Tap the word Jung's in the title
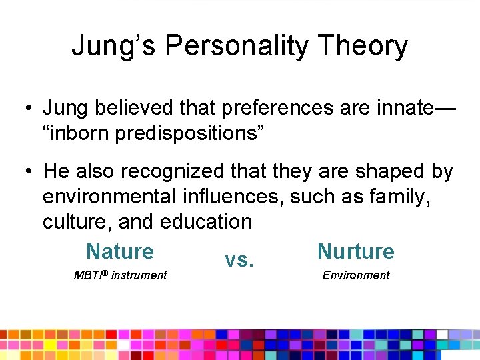click(114, 47)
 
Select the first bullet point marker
click(27, 108)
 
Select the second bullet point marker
click(27, 172)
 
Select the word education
click(204, 221)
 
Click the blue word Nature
click(120, 251)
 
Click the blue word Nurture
click(356, 251)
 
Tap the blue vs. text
click(239, 259)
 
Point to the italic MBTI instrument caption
click(120, 275)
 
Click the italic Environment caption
click(356, 275)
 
